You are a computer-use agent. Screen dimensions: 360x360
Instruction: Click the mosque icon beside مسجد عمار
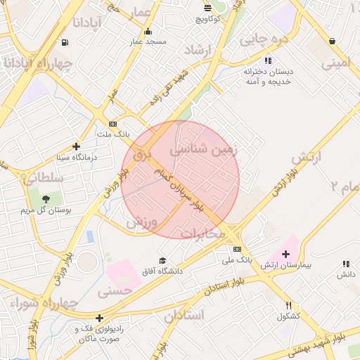point(148,32)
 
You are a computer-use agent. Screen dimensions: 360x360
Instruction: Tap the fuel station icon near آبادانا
point(65,42)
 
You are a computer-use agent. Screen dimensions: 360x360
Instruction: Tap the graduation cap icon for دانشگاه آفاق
point(163,260)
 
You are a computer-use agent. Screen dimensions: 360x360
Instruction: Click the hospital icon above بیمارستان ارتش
point(285,254)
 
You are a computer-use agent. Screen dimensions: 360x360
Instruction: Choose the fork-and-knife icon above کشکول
point(289,306)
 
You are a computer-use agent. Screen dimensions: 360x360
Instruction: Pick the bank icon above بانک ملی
point(237,249)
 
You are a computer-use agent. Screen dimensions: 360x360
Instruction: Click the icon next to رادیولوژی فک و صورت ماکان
point(100,318)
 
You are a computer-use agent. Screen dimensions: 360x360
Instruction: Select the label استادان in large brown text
point(184,315)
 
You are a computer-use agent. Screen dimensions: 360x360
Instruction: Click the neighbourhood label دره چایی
point(264,39)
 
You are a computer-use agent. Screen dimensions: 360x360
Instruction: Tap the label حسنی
point(115,289)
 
